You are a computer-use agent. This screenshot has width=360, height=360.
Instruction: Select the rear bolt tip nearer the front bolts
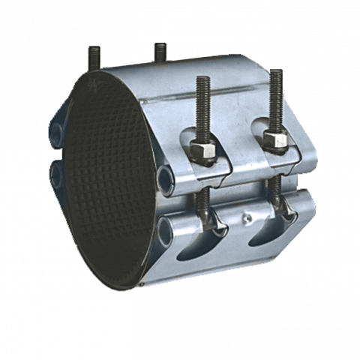tap(160, 52)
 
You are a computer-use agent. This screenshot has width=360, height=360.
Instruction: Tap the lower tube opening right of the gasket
tap(166, 224)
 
